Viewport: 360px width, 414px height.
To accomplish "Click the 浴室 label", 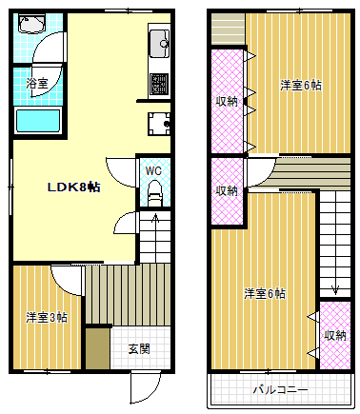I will tap(38, 84).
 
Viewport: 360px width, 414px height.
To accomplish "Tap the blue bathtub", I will tap(38, 120).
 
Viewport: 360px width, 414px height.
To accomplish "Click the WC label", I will tap(152, 171).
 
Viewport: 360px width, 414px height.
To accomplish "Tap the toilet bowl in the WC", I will tap(153, 196).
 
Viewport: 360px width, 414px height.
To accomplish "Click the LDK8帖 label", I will tap(74, 187).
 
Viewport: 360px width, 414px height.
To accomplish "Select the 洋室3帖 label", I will tap(46, 317).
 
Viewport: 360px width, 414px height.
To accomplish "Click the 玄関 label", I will tap(138, 348).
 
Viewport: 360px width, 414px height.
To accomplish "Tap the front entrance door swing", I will tap(143, 385).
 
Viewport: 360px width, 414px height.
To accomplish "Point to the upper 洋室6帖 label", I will tap(300, 85).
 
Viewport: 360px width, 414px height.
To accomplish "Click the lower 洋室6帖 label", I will tap(264, 292).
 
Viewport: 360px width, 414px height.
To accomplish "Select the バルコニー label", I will tap(279, 389).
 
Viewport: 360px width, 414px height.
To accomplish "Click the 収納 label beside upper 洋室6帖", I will tap(227, 100).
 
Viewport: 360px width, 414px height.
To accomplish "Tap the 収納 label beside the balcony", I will tap(334, 335).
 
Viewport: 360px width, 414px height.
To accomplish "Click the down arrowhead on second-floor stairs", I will tap(334, 289).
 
